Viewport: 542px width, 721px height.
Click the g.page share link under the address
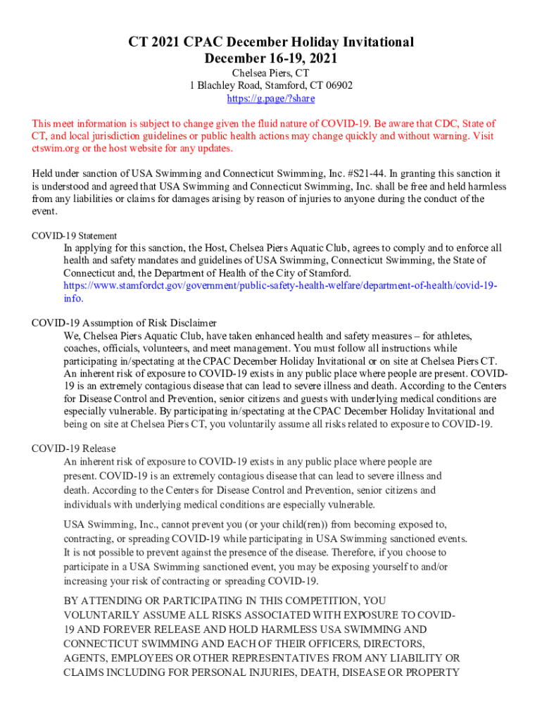tap(270, 99)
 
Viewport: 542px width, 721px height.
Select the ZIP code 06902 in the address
tap(338, 86)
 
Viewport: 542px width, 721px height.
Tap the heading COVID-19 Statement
tap(75, 236)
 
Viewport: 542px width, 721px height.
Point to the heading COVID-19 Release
tap(74, 449)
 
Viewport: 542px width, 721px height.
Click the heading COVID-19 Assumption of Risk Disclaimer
tap(124, 323)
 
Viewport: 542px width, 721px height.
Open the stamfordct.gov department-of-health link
tap(280, 286)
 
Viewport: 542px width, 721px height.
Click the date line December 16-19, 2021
tap(270, 58)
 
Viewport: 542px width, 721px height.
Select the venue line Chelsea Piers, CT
tap(270, 73)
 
